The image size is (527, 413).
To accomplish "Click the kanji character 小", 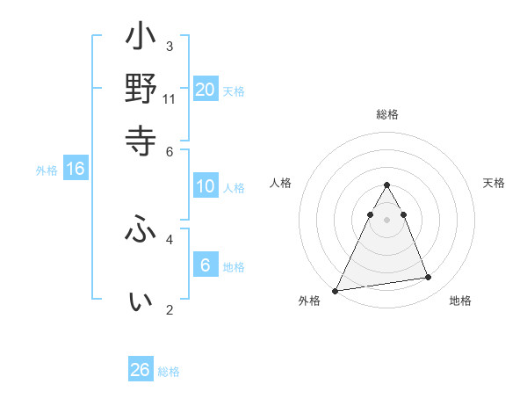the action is point(141,40).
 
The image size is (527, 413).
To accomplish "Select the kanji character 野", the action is point(141,89).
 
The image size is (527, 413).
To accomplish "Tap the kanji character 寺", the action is point(141,138).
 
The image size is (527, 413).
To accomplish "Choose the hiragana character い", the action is point(141,301).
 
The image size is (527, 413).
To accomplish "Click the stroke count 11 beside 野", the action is point(170,98).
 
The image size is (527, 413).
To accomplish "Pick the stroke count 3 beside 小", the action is point(170,46).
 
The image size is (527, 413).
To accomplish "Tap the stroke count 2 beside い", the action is point(170,309).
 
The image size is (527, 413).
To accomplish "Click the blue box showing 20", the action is point(206,89).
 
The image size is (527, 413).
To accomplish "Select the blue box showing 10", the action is point(206,186).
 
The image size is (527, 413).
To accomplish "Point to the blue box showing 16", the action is point(76,170).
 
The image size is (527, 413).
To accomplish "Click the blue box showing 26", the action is point(141,370).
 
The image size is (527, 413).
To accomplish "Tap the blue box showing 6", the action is point(206,264).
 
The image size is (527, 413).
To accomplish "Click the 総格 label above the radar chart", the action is point(387,114).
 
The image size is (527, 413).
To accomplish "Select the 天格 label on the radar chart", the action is point(494,183).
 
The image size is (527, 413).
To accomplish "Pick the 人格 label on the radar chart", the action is point(281,183).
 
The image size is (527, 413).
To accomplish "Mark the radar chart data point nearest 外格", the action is point(336,291).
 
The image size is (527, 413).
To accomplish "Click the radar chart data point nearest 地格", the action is point(429,278).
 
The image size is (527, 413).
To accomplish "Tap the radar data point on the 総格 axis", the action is point(386,185).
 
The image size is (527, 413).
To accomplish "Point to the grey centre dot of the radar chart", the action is point(386,220).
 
